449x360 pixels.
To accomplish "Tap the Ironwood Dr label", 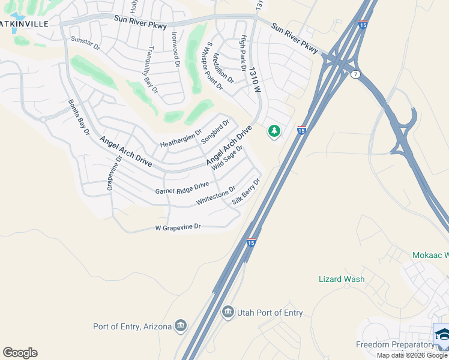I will (175, 49).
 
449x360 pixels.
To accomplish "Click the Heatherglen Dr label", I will (181, 140).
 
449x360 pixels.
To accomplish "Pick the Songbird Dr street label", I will (215, 131).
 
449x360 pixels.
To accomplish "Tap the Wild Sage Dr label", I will (227, 157).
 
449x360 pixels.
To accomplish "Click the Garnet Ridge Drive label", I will (182, 188).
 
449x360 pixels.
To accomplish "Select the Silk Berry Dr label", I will (247, 191).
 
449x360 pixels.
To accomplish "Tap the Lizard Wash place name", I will (341, 279).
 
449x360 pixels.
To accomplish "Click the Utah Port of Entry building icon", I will (228, 313).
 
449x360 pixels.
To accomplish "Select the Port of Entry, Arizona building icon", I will (181, 326).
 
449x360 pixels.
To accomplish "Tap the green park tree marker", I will (274, 131).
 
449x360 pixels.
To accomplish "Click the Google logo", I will (20, 353).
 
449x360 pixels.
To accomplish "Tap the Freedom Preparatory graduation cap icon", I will (441, 335).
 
